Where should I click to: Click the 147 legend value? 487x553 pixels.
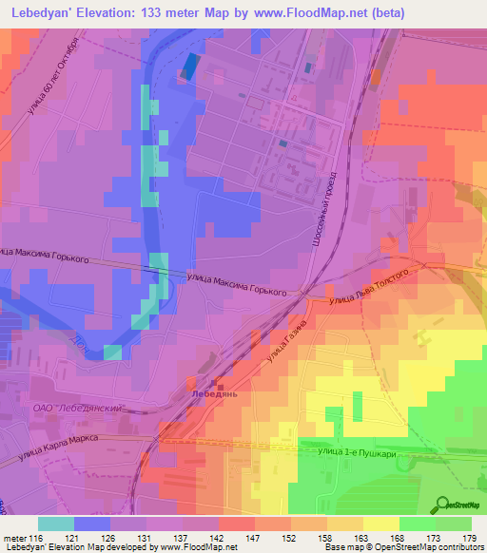pos(253,537)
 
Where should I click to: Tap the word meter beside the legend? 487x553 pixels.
pos(13,537)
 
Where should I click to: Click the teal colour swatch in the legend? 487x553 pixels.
pos(56,524)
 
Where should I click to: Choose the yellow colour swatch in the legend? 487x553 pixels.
pos(380,524)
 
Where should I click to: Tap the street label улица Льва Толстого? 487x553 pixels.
pos(369,287)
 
